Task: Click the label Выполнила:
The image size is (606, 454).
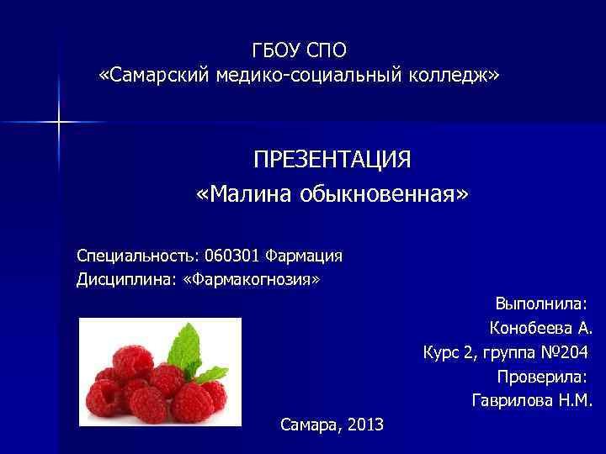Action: [540, 303]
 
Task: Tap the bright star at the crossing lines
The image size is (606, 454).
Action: [59, 123]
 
